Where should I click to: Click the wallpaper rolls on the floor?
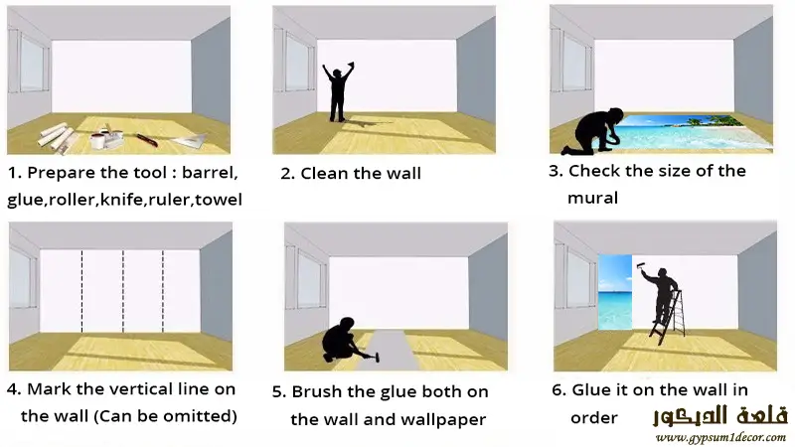pos(57,137)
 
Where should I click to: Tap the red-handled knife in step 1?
pos(147,139)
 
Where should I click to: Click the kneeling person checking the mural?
pos(593,131)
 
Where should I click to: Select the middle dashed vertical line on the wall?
pos(123,291)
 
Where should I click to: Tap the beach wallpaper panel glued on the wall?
pos(615,292)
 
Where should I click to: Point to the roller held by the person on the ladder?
pos(642,267)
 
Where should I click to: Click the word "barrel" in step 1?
pos(210,172)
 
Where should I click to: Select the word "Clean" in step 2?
pos(325,173)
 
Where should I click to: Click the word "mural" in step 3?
pos(592,198)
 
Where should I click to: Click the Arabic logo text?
pos(719,415)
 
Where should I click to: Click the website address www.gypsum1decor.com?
pos(720,437)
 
